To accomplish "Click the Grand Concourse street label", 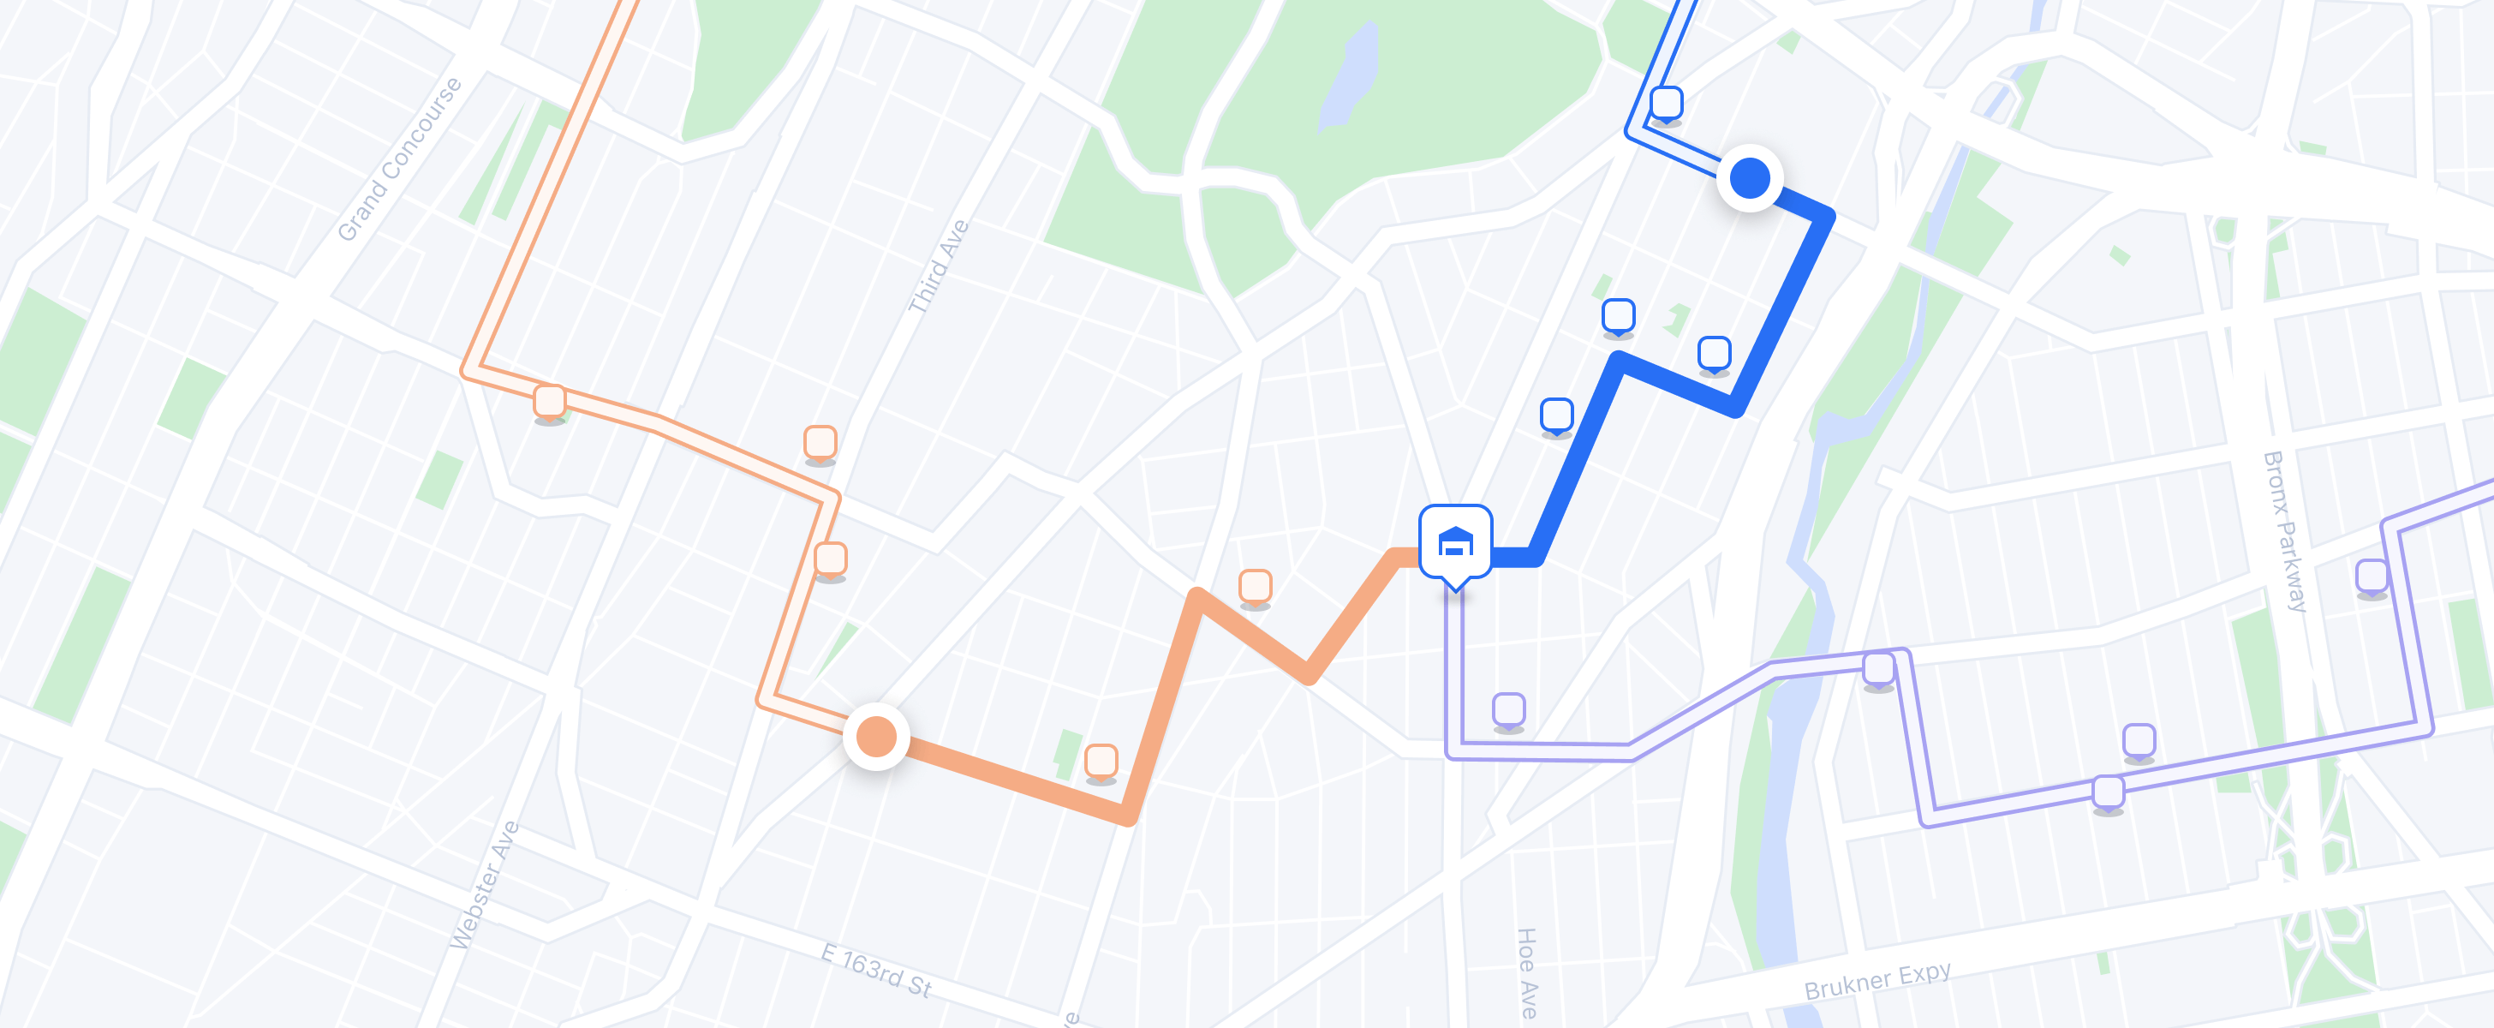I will pos(399,159).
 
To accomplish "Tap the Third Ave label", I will pos(938,266).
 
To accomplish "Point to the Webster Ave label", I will pos(484,885).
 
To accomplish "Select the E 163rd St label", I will pos(876,969).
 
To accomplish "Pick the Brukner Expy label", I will pos(1877,982).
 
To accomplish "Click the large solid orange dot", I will pos(876,737).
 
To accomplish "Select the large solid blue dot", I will pos(1750,178).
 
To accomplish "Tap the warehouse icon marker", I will pos(1455,543).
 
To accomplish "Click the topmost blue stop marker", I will pos(1666,103).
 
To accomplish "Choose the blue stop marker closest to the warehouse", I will pos(1557,415).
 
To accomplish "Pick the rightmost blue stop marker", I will pos(1715,352).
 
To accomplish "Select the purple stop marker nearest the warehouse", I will pos(1508,709).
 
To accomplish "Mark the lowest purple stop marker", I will pos(2109,792).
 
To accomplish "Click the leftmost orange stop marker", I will pos(550,401).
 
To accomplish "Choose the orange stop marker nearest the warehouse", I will pos(1256,586).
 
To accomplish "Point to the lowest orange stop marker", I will pos(1101,761).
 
